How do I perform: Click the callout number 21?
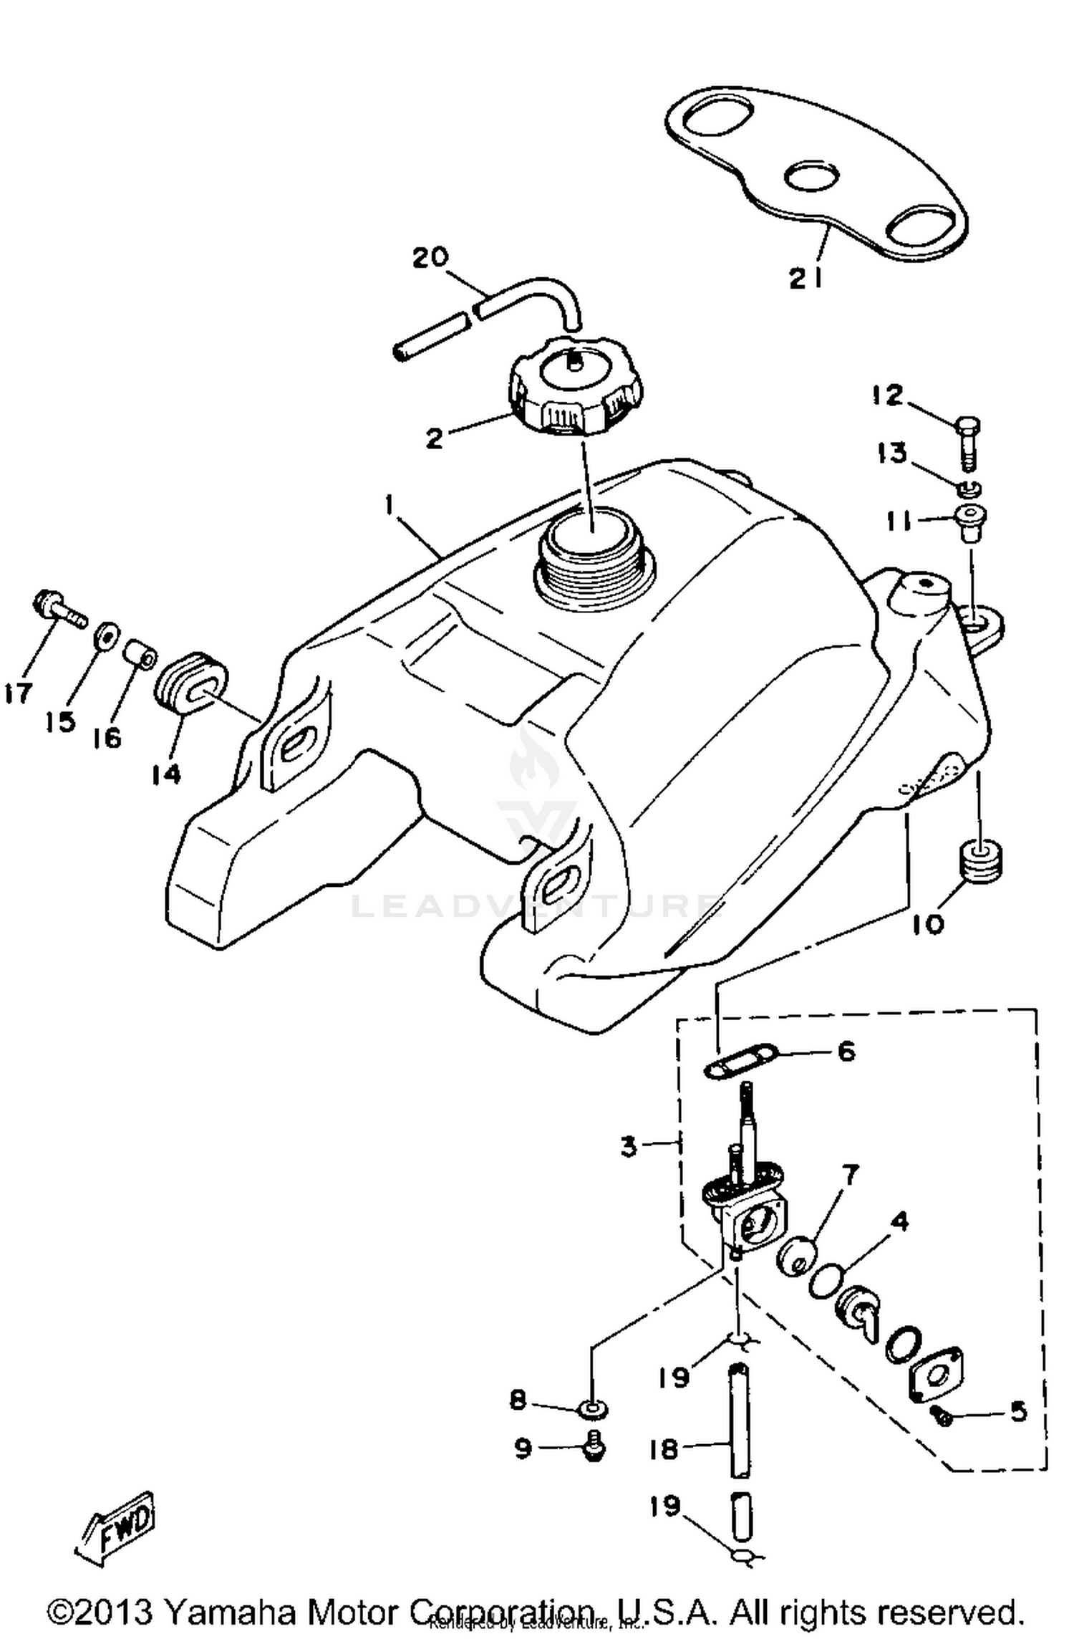806,279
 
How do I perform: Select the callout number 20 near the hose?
430,257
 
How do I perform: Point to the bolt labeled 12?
967,442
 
